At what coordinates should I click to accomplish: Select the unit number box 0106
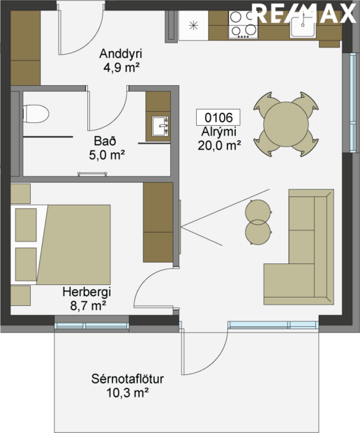218,117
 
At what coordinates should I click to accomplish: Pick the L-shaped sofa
300,248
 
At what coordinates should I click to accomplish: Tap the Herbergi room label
86,293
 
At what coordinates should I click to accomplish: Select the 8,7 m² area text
87,306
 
